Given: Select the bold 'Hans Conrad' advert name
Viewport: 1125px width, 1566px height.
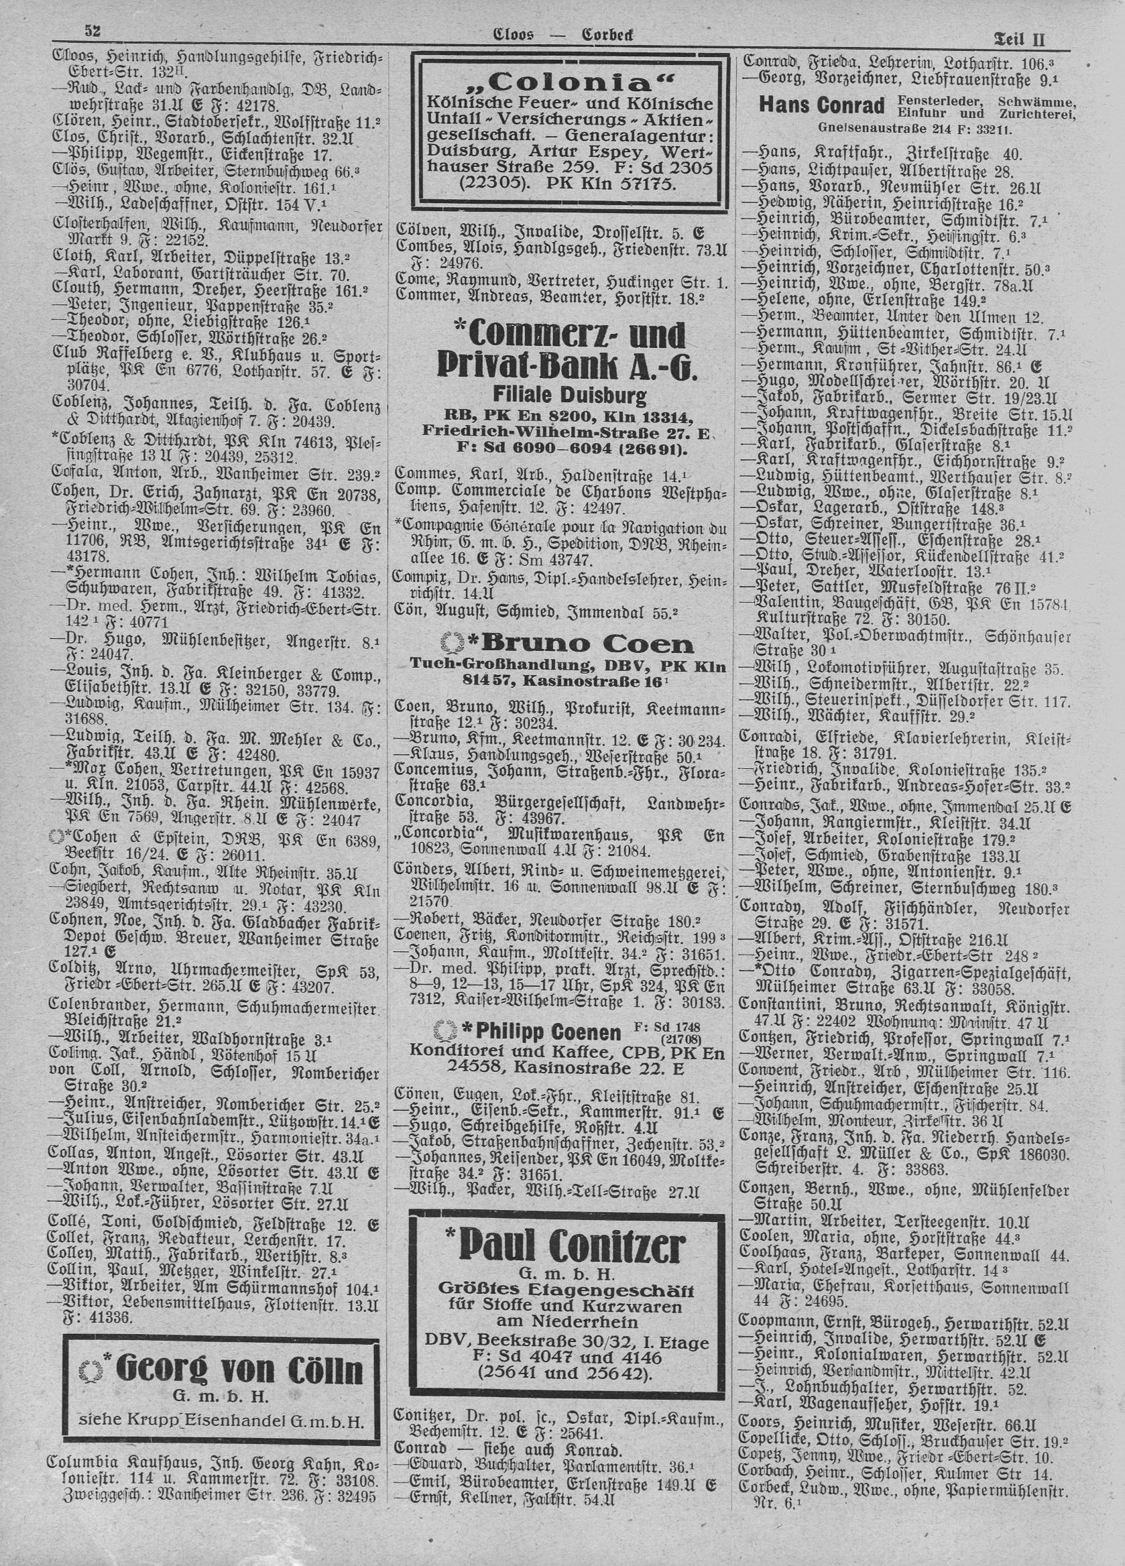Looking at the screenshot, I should coord(821,106).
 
